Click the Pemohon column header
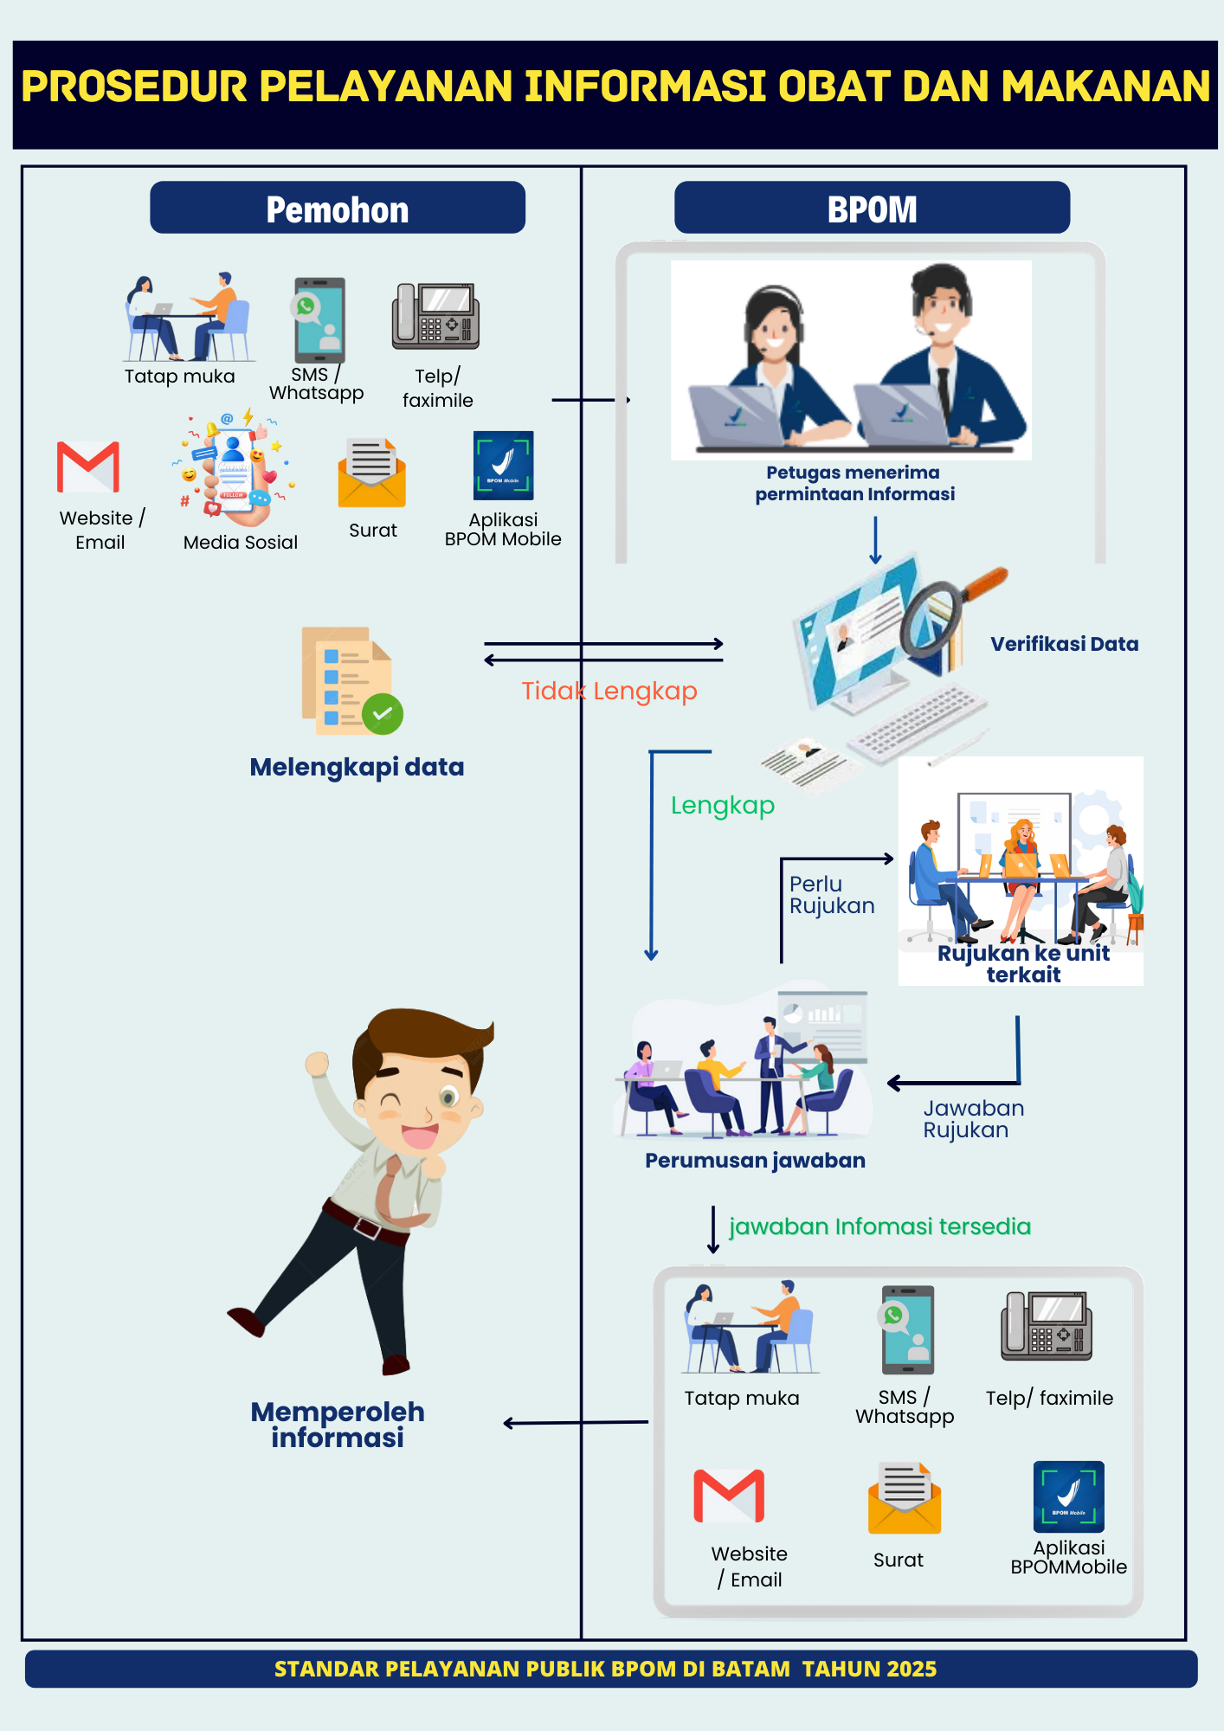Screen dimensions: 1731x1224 pyautogui.click(x=338, y=209)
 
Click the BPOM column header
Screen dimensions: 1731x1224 pyautogui.click(x=872, y=209)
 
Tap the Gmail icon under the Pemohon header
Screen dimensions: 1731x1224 pyautogui.click(x=88, y=467)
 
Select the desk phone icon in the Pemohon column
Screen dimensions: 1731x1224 pyautogui.click(x=435, y=316)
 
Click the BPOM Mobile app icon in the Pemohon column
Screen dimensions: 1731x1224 pyautogui.click(x=503, y=466)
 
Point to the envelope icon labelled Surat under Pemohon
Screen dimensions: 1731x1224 pyautogui.click(x=372, y=473)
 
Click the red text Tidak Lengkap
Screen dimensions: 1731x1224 pyautogui.click(x=609, y=691)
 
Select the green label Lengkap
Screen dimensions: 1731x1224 pyautogui.click(x=723, y=805)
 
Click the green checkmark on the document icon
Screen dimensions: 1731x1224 pyautogui.click(x=383, y=714)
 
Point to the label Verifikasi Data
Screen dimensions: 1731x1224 pyautogui.click(x=1064, y=644)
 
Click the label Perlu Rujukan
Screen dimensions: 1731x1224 pyautogui.click(x=831, y=895)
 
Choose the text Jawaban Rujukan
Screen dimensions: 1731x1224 pyautogui.click(x=973, y=1119)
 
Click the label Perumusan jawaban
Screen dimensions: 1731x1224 pyautogui.click(x=755, y=1161)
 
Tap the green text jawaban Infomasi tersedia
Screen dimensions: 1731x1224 pyautogui.click(x=879, y=1226)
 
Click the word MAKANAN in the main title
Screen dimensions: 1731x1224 pyautogui.click(x=1105, y=87)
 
